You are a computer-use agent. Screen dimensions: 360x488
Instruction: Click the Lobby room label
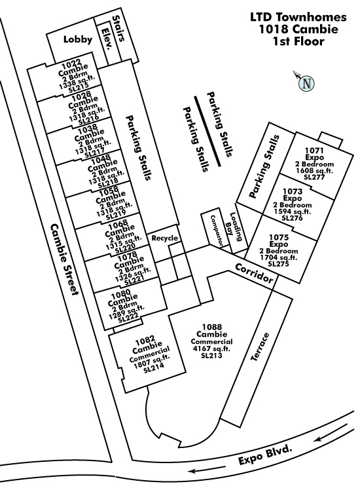78,39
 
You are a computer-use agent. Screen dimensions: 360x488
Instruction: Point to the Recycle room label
165,238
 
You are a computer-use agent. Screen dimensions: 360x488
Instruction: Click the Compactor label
217,231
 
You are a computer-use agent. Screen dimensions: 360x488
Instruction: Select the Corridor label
254,273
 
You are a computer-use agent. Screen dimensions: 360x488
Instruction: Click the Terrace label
260,347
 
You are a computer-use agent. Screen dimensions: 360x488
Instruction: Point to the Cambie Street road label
63,259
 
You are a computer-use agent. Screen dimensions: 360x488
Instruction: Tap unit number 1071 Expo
314,154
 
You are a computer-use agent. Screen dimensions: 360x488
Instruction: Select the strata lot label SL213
211,355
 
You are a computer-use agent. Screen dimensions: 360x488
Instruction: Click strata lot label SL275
279,263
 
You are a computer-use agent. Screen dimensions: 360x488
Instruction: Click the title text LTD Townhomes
298,17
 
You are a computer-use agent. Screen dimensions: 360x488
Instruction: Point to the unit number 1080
121,295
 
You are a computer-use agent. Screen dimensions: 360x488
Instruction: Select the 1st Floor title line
298,41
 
